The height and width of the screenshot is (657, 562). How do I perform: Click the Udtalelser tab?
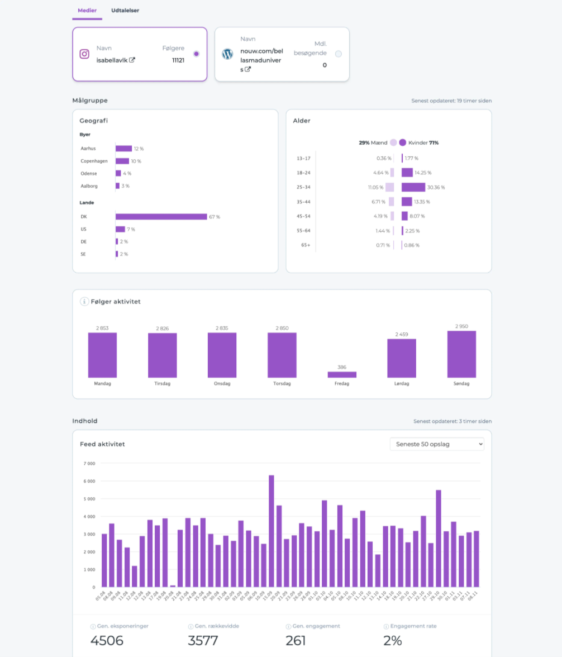(125, 11)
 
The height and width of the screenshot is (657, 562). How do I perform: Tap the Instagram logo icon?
(84, 54)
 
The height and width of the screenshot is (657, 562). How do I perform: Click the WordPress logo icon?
(227, 54)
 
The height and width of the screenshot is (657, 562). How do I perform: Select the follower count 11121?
(178, 60)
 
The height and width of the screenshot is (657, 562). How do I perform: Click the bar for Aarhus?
(123, 149)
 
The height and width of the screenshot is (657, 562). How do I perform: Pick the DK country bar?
(161, 217)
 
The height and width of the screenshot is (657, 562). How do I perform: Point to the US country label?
(84, 229)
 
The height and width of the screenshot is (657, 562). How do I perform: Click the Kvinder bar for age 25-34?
(413, 187)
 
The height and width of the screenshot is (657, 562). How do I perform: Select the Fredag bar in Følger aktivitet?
(342, 374)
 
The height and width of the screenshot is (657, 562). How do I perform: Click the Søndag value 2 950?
(461, 326)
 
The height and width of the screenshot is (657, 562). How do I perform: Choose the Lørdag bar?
(402, 358)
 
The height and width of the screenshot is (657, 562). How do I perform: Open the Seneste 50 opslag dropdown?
(437, 444)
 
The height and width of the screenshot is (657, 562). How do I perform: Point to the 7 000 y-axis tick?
(89, 463)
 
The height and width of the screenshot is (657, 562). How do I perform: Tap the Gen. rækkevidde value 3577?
(203, 640)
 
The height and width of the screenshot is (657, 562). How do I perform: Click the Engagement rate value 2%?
(393, 640)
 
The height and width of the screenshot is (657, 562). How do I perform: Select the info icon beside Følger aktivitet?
(84, 302)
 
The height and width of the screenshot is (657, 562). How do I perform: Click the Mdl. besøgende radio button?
(339, 54)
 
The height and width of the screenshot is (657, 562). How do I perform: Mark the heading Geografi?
(94, 121)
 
